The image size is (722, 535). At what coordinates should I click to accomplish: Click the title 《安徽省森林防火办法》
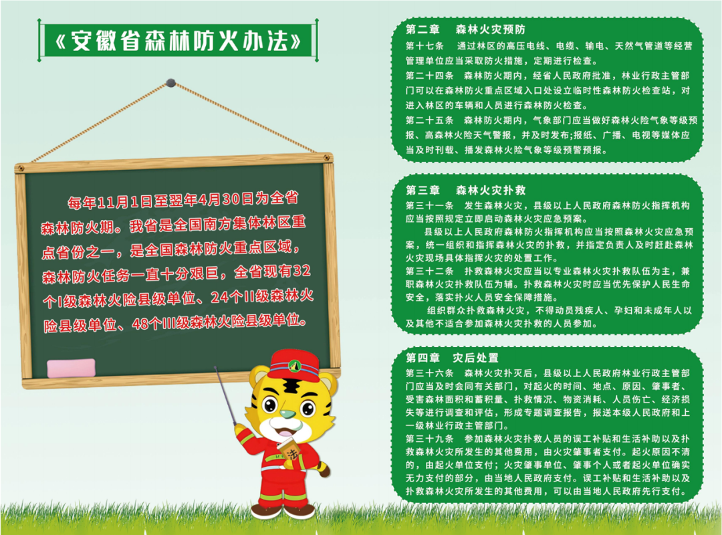coord(178,41)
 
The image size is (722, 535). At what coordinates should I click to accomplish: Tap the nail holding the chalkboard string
coord(170,83)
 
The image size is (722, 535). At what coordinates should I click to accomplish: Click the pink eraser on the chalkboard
coord(71,368)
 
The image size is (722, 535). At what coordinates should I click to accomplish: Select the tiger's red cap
coord(293,364)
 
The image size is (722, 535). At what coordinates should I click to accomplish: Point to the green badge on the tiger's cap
coord(294,366)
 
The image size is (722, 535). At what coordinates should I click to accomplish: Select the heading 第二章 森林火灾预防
coord(465,29)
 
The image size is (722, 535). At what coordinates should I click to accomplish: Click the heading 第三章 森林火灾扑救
coord(465,190)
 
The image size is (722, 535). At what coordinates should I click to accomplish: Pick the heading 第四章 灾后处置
coord(452,358)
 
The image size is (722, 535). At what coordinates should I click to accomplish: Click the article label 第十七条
coord(425,46)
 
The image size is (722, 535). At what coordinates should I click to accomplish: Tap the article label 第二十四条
coord(430,76)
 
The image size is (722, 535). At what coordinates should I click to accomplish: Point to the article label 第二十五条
coord(430,120)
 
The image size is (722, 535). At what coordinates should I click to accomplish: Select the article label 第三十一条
coord(430,205)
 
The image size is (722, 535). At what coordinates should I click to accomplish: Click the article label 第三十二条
coord(430,271)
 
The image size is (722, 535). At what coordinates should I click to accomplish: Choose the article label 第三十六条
coord(430,372)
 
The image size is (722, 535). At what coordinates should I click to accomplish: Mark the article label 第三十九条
coord(430,439)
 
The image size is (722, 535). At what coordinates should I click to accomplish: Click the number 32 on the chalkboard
coord(302,270)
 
